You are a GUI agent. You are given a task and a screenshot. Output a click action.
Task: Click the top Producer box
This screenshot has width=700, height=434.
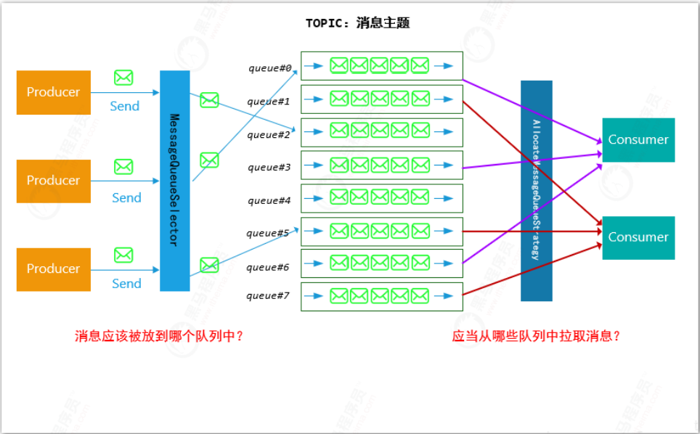click(54, 92)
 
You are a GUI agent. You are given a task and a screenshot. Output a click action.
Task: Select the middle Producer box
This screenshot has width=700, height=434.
click(54, 181)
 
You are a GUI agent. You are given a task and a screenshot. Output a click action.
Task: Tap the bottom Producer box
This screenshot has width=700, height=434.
click(54, 269)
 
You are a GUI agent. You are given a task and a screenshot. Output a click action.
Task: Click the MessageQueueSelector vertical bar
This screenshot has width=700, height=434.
click(174, 181)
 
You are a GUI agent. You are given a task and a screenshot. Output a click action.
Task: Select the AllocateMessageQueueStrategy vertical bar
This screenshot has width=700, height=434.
click(536, 190)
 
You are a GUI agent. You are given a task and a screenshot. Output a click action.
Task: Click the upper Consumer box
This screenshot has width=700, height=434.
click(638, 140)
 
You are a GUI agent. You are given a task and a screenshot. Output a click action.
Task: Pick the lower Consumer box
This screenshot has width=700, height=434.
click(638, 237)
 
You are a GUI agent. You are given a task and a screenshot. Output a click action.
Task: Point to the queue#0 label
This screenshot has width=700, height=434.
click(269, 69)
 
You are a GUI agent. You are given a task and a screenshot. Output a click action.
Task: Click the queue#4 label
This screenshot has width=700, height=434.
click(269, 200)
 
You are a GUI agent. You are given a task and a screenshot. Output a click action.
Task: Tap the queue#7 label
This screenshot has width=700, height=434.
click(269, 295)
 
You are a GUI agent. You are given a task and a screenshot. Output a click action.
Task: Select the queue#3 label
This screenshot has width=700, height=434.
click(269, 168)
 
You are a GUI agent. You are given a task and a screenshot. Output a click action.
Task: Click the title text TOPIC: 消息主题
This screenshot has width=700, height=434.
click(358, 23)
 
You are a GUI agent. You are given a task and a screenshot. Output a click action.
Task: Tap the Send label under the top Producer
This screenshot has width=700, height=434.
click(125, 107)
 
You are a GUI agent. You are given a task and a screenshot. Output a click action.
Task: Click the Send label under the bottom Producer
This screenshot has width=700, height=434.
click(126, 284)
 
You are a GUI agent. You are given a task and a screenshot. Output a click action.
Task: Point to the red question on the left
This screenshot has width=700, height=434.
click(159, 337)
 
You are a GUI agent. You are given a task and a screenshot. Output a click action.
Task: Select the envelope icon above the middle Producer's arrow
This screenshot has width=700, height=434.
click(123, 167)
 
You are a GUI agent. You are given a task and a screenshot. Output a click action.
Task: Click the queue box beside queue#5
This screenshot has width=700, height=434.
click(382, 232)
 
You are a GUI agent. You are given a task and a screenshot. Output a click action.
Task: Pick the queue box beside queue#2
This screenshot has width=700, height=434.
click(382, 132)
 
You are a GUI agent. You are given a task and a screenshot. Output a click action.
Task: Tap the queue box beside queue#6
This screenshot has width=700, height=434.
click(382, 263)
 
